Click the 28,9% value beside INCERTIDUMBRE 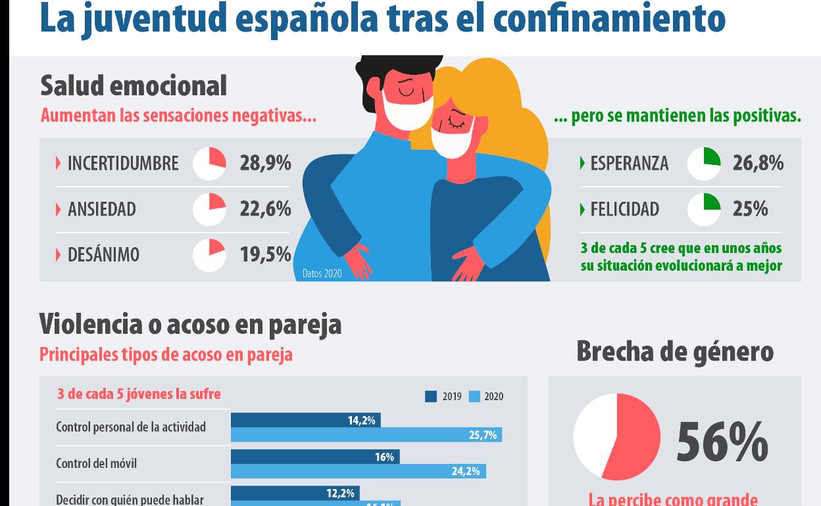(x=265, y=163)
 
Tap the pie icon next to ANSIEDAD (x=209, y=209)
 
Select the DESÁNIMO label (x=103, y=255)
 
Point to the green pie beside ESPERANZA (x=703, y=163)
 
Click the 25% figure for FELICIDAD (x=750, y=209)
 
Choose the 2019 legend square (x=431, y=396)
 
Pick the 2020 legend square (x=474, y=396)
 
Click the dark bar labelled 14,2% (x=306, y=420)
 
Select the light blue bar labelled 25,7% (x=366, y=435)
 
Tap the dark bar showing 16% (x=315, y=457)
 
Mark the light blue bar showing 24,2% (x=359, y=471)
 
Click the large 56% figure (x=722, y=442)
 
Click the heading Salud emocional (x=134, y=86)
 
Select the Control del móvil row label (x=97, y=463)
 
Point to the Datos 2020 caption (x=322, y=273)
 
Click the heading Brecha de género (x=675, y=351)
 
